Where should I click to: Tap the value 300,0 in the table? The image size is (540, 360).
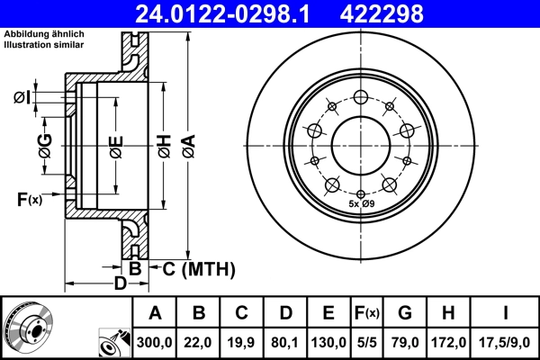pos(155,342)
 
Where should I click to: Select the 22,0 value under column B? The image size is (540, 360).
pos(200,342)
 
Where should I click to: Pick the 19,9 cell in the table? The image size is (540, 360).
pos(241,342)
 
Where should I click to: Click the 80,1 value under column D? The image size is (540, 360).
pos(284,342)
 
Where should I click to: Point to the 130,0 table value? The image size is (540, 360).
pos(328,342)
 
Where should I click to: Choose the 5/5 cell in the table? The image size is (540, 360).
pos(366,342)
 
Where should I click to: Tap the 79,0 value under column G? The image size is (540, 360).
pos(405,342)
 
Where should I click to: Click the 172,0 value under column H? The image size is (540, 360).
pos(449,342)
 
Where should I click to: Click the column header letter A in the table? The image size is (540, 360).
pos(155,313)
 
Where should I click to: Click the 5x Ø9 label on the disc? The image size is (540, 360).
pos(362,205)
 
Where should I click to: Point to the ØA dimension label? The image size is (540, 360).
pos(188,145)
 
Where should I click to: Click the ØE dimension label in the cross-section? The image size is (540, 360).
pos(116,145)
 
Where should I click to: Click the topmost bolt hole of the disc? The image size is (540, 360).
pos(361,97)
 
